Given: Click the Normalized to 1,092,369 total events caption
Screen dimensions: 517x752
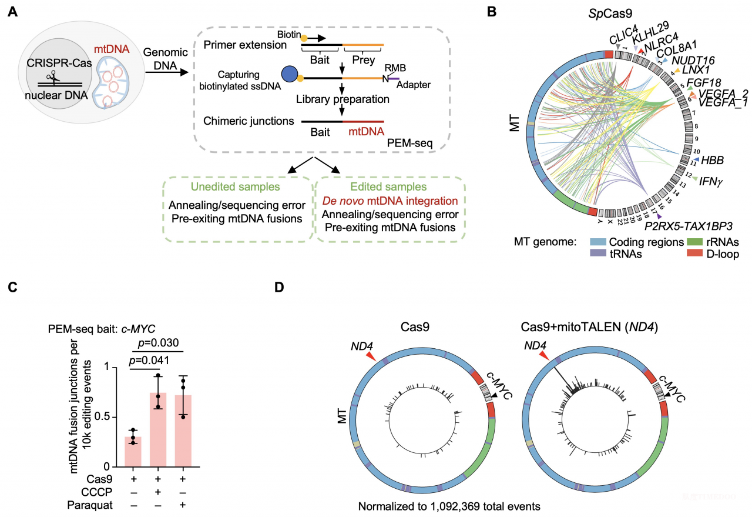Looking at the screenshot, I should tap(449, 505).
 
